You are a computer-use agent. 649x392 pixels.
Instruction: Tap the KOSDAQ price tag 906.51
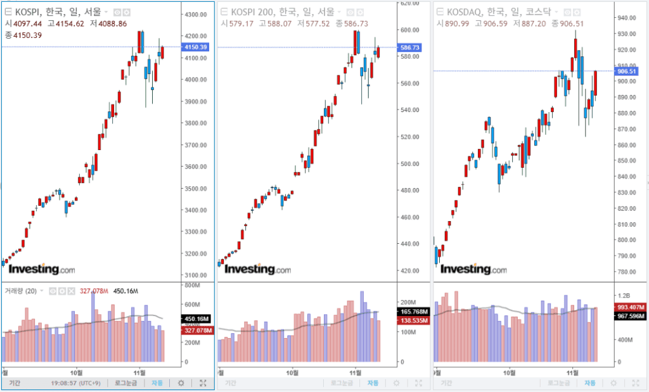(x=627, y=72)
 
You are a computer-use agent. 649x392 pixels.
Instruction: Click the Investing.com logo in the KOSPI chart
(x=41, y=269)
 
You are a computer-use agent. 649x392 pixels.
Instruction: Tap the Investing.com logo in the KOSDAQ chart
(x=473, y=269)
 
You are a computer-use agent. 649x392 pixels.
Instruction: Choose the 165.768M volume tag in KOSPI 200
(x=412, y=312)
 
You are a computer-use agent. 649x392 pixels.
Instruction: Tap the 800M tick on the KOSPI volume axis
(x=192, y=286)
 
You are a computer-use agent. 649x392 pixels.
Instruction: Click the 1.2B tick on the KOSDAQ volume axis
(x=624, y=296)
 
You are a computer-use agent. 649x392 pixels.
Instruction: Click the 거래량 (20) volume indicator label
(x=21, y=291)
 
